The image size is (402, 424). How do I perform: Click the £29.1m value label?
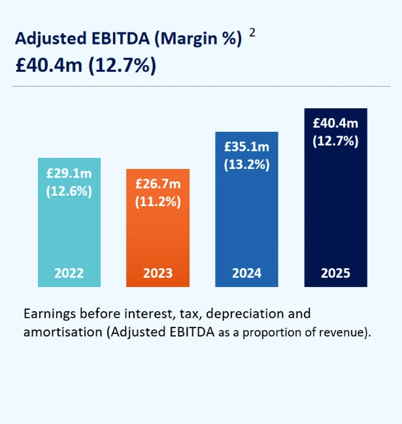click(69, 175)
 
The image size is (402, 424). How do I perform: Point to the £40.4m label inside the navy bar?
click(335, 123)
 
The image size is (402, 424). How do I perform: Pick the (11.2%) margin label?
click(158, 202)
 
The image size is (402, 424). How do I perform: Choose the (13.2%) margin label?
click(246, 164)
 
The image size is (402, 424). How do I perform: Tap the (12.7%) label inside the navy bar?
click(335, 140)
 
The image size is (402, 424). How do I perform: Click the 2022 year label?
click(69, 273)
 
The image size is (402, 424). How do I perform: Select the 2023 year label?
click(158, 273)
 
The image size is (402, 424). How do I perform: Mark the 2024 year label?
click(246, 273)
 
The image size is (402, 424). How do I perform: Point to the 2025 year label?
click(335, 273)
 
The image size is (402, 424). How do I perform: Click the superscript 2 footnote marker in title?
click(252, 33)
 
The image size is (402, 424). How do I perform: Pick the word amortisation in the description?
click(62, 332)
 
